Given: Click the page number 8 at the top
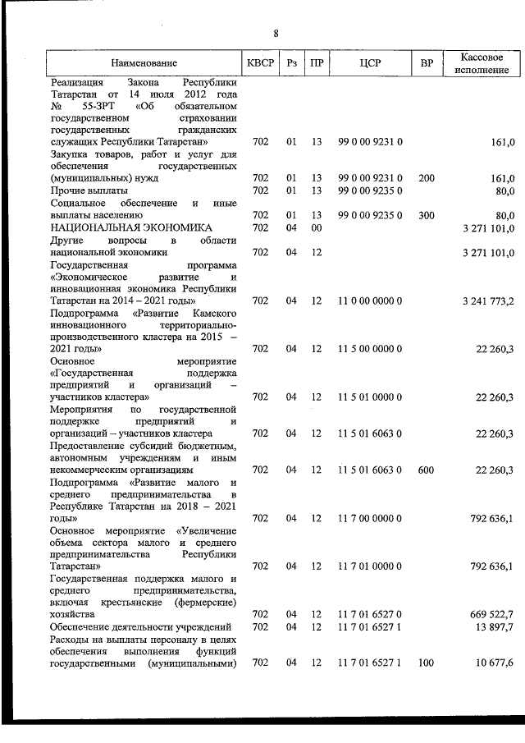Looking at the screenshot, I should tap(276, 34).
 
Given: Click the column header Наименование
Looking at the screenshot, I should tap(144, 63).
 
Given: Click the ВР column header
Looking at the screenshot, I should tap(426, 63).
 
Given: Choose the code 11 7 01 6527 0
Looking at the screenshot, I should tap(370, 614).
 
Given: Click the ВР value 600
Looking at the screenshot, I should tap(426, 470).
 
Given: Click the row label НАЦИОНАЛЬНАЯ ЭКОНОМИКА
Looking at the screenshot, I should tap(131, 227).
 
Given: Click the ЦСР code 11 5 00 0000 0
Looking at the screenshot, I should tap(370, 349).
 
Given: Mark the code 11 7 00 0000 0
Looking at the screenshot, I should tap(370, 518).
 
